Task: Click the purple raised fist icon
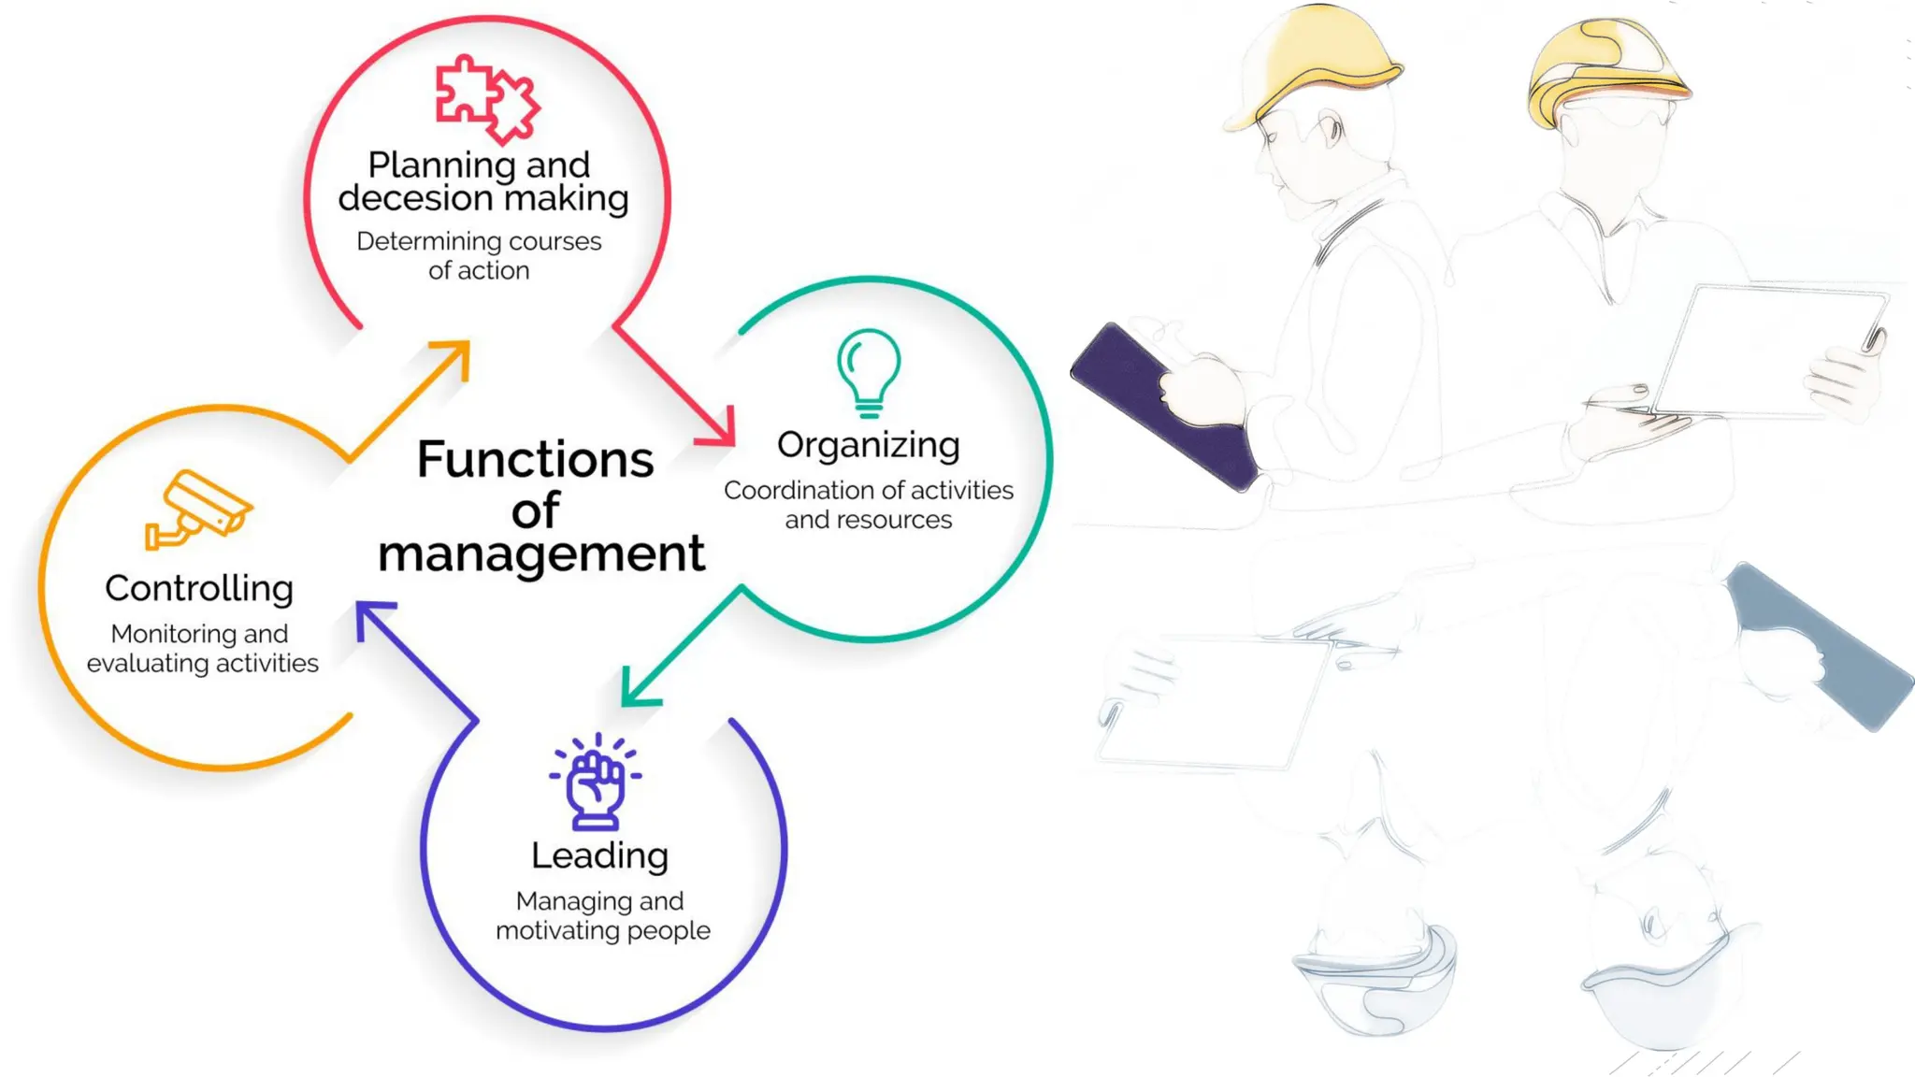pos(597,783)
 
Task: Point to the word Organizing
pos(868,446)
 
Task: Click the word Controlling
pos(199,589)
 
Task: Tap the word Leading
pos(599,855)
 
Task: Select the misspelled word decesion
pos(415,198)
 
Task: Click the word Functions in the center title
pos(535,460)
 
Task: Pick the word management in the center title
pos(541,553)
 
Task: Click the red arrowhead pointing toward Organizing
pos(720,429)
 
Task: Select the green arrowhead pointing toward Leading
pos(639,689)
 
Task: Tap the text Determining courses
pos(479,241)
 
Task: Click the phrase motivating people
pos(603,931)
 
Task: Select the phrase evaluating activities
pos(203,664)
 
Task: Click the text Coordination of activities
pos(868,491)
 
